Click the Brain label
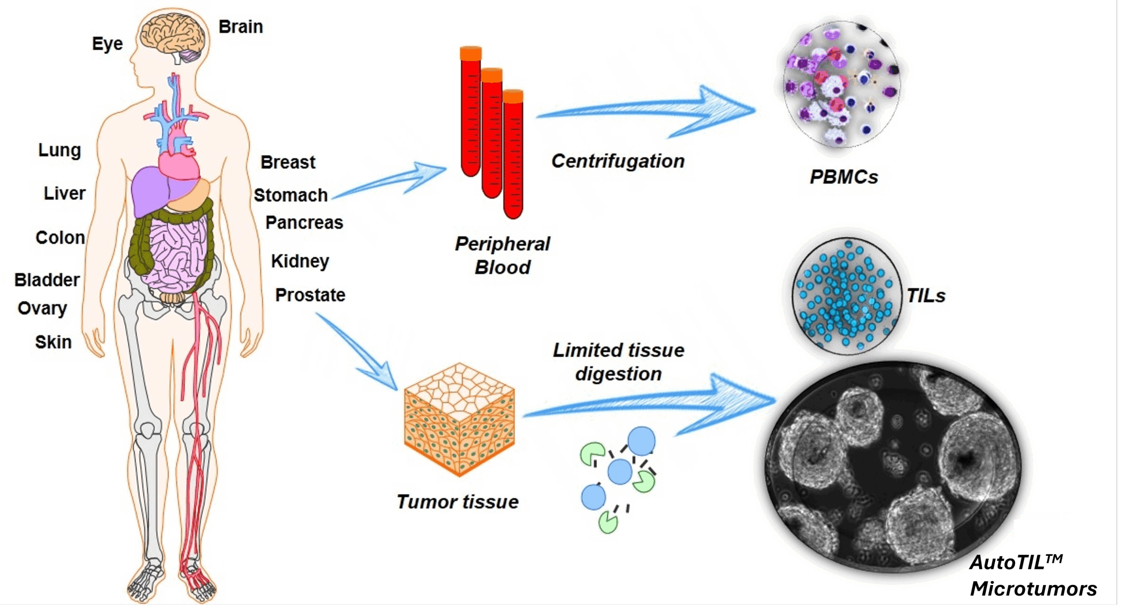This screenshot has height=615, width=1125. point(240,27)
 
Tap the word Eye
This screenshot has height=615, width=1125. point(107,43)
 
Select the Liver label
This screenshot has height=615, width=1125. point(64,193)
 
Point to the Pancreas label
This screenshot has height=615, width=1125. point(304,223)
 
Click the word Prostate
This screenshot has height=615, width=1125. point(310,295)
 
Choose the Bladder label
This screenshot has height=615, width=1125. point(47,280)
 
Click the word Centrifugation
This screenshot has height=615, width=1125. point(617,161)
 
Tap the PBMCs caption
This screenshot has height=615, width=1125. point(843,177)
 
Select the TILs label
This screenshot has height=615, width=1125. point(926,296)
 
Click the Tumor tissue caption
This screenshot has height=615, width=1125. point(457,502)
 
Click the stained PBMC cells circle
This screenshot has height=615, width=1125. point(841,83)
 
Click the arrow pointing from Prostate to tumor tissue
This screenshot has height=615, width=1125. point(358,351)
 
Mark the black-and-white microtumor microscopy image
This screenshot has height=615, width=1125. point(892,468)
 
